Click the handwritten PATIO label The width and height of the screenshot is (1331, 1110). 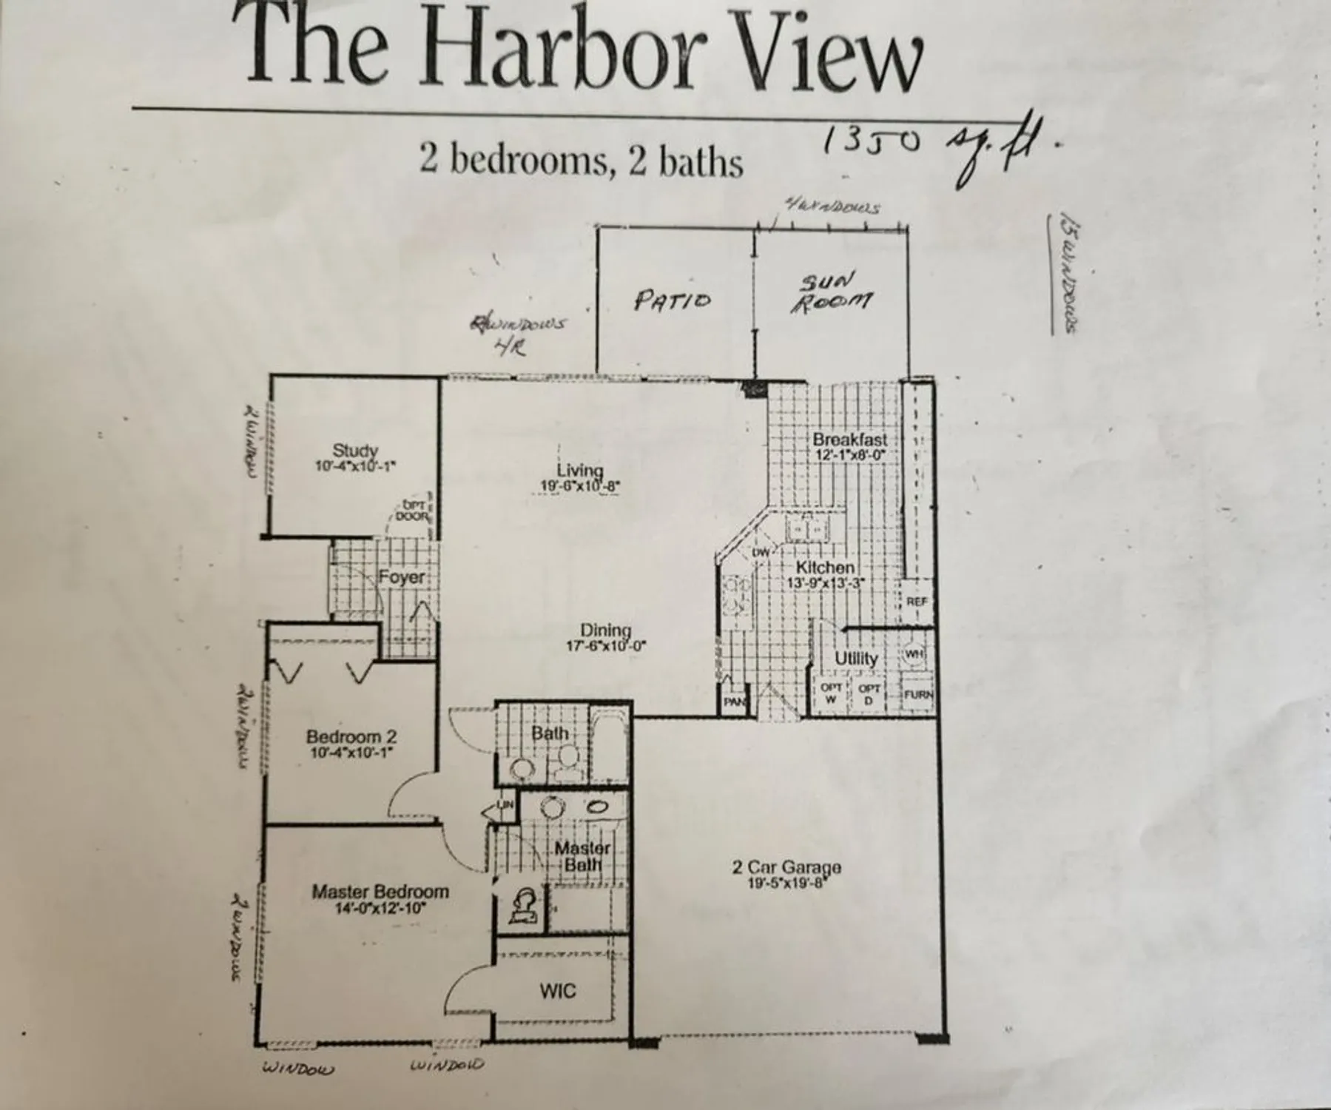tap(672, 300)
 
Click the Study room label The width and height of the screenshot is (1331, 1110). tap(355, 450)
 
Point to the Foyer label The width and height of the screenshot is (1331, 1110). tap(402, 577)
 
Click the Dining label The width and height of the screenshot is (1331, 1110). tap(606, 630)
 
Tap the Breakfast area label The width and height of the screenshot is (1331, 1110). tap(849, 440)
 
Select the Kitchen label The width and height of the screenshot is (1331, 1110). tap(825, 568)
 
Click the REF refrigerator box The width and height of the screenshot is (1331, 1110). tap(916, 602)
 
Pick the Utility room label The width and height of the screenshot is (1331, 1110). tap(856, 658)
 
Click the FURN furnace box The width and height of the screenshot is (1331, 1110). tap(918, 695)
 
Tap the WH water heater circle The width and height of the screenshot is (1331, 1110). tap(914, 654)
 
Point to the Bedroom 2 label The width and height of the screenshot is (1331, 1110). tap(351, 737)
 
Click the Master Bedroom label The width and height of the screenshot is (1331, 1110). tap(380, 892)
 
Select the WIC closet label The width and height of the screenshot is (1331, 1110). tap(557, 991)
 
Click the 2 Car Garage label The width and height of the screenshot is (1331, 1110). tap(786, 867)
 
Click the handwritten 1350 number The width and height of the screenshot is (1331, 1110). tap(873, 141)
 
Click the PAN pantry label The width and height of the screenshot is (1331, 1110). tap(733, 701)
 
